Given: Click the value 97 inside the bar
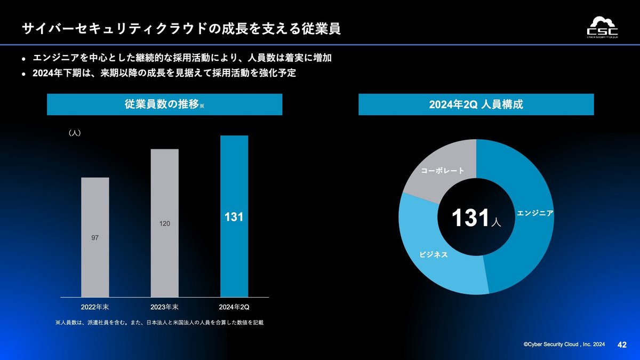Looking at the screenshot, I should click(x=94, y=237).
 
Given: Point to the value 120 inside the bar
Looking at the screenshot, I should click(x=165, y=223).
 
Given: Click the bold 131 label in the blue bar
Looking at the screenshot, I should click(x=234, y=218).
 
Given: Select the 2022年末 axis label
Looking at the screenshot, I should click(x=95, y=307).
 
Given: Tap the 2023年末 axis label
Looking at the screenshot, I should click(x=165, y=307).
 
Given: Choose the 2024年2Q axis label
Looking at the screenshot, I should click(x=234, y=307).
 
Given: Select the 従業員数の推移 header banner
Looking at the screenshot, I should click(x=164, y=105).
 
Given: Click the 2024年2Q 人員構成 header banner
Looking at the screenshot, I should click(x=476, y=105).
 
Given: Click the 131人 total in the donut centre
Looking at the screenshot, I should click(x=476, y=219).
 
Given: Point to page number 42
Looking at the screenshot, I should click(x=621, y=345).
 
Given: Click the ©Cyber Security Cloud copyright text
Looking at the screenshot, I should click(x=564, y=346).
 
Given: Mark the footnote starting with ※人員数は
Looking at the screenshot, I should click(x=159, y=323).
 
